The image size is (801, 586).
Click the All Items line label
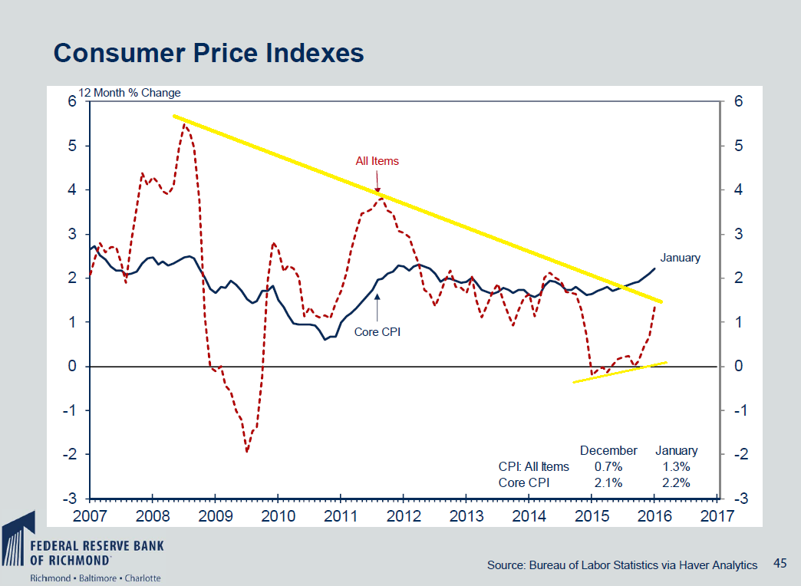(377, 161)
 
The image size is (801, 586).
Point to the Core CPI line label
(377, 332)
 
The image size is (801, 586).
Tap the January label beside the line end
(680, 258)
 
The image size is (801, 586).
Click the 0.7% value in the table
(608, 466)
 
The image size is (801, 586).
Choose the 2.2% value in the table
(676, 482)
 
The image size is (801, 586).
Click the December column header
(608, 450)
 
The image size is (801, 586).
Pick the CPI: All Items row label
(529, 466)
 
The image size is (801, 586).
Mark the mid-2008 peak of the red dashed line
(185, 125)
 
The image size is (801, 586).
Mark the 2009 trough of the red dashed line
(246, 451)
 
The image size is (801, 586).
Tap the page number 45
(780, 564)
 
